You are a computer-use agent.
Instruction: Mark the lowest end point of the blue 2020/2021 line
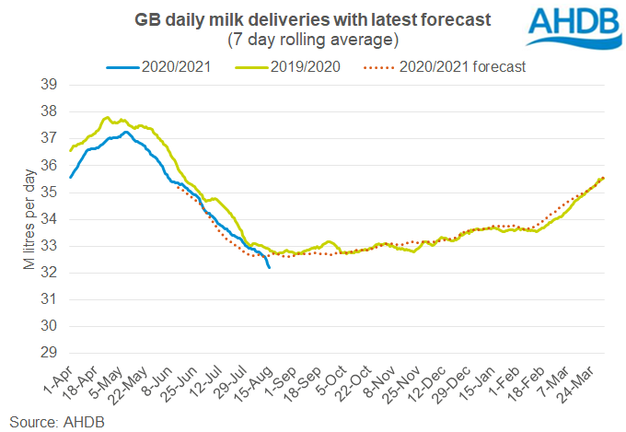269,267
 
